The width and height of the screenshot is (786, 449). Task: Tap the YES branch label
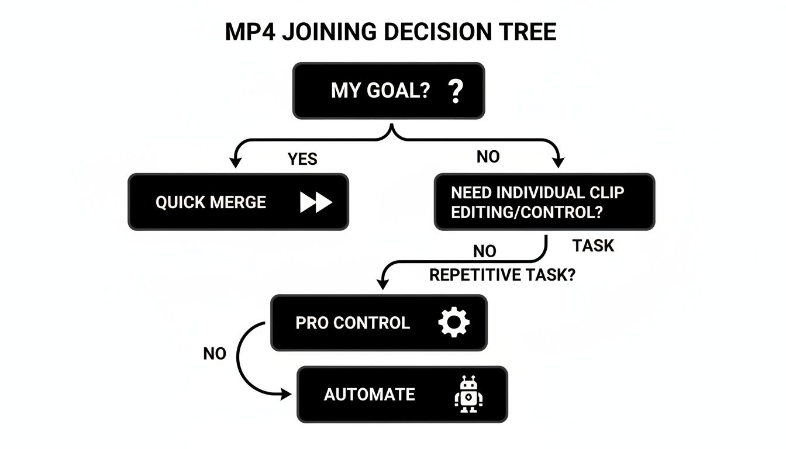[302, 159]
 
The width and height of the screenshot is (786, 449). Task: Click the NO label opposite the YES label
[488, 157]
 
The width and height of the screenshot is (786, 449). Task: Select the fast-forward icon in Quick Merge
[316, 202]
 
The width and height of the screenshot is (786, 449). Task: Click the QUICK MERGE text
[211, 203]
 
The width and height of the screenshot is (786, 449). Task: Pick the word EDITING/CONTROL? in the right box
[526, 212]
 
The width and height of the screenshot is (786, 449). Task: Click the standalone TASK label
[593, 246]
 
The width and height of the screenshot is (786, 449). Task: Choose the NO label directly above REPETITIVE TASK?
[484, 251]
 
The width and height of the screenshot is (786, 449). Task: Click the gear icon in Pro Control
[454, 323]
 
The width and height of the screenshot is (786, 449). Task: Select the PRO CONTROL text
[353, 323]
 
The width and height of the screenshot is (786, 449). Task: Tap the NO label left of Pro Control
[215, 354]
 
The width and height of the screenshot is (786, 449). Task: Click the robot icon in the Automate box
[468, 395]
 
